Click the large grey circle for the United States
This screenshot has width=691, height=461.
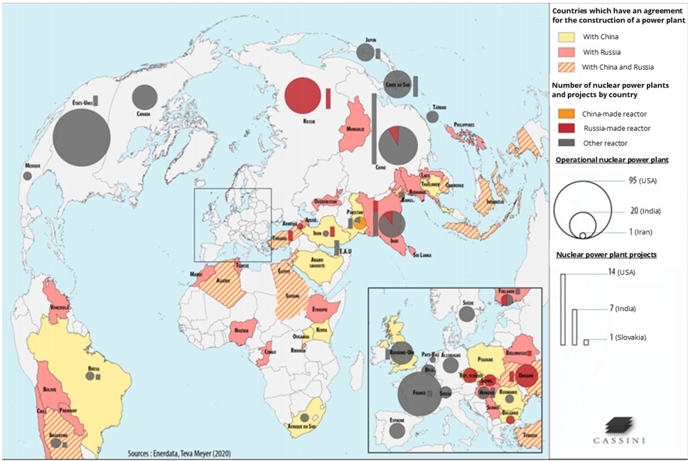click(81, 138)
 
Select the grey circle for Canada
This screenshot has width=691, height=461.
click(144, 97)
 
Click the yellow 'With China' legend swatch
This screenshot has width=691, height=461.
click(566, 37)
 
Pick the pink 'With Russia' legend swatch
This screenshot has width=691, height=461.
click(566, 53)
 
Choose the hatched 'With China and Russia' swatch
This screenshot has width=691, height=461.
click(566, 67)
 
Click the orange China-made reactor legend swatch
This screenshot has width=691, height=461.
click(566, 114)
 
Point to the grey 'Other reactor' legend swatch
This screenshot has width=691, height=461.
click(566, 143)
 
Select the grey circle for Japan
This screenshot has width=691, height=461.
click(365, 52)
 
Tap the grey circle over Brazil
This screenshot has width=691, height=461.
click(90, 376)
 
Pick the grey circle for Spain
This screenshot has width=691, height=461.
click(397, 430)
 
